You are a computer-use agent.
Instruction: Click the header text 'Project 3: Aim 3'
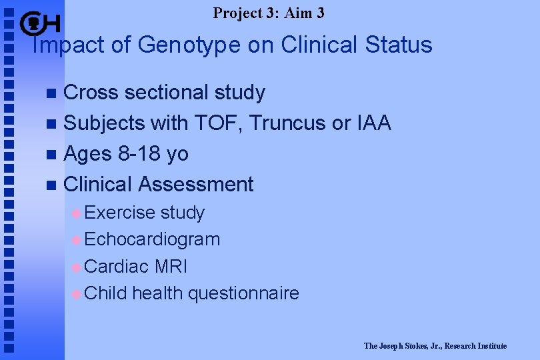[x=269, y=12]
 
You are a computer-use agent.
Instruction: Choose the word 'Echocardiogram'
[x=152, y=239]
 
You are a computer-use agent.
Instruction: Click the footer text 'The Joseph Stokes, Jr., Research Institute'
[x=435, y=346]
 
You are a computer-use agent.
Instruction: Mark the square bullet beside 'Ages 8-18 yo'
[x=53, y=155]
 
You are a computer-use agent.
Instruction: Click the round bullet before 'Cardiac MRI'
[x=77, y=267]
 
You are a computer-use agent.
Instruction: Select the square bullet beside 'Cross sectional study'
[x=53, y=93]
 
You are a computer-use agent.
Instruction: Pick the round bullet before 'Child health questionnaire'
[x=77, y=293]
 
